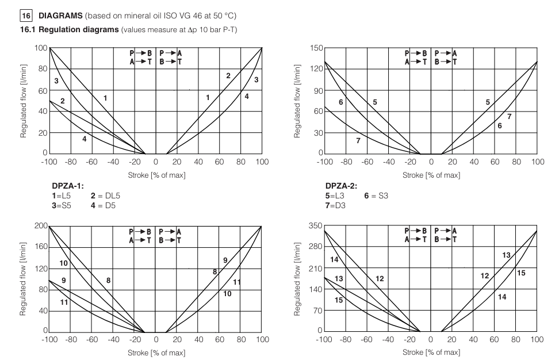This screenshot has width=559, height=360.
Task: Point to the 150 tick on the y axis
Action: (x=313, y=47)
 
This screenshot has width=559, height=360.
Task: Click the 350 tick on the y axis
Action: (x=313, y=226)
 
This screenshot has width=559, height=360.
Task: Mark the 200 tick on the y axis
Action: (x=39, y=226)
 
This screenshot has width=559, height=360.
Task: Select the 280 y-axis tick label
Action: (x=313, y=247)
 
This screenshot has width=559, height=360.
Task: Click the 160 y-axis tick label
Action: (x=39, y=247)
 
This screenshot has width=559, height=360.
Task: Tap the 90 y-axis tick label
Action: (x=316, y=90)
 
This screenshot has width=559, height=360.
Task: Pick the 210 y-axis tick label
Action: (x=313, y=269)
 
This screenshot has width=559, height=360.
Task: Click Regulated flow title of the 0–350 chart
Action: (x=298, y=279)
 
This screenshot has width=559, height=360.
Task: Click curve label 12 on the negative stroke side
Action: (x=380, y=279)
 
